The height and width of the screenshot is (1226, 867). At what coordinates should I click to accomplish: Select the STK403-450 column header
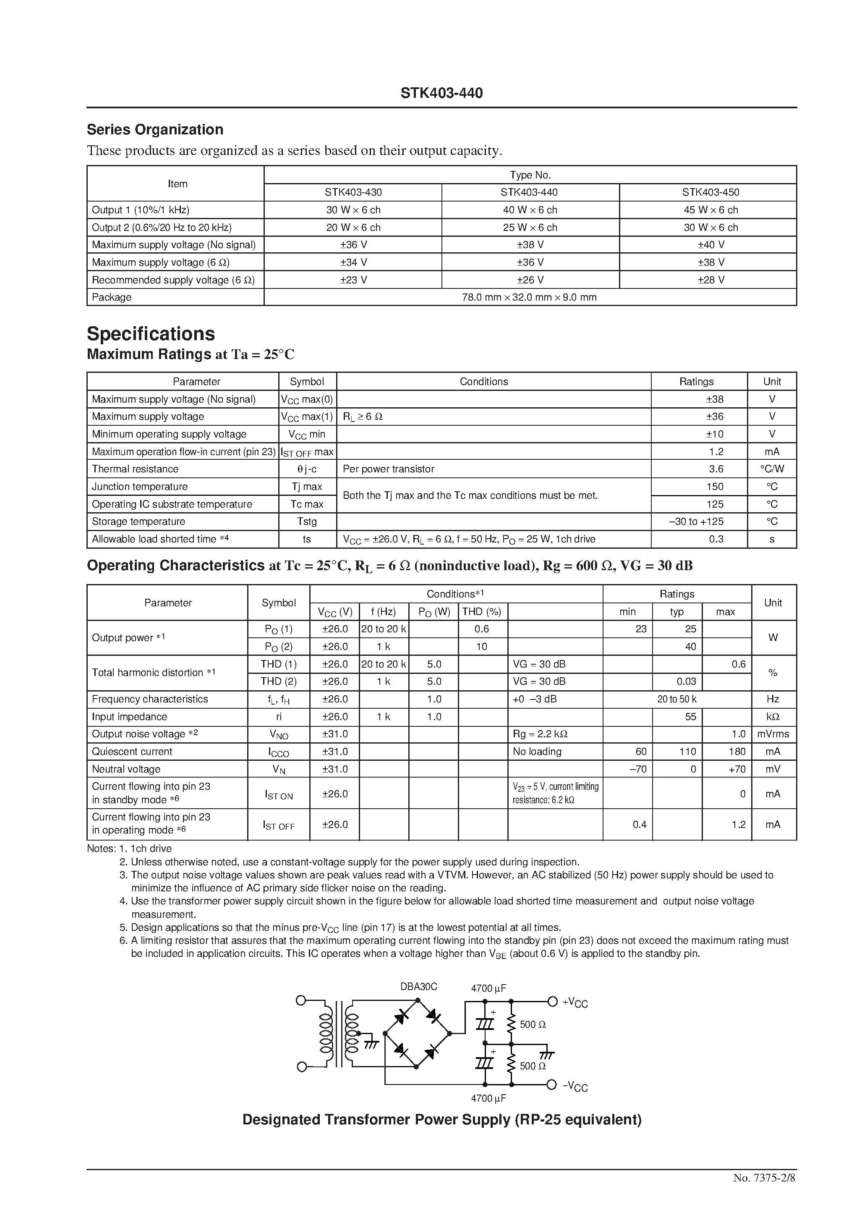[x=710, y=192]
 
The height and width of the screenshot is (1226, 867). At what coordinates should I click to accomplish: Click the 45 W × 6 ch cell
[x=710, y=210]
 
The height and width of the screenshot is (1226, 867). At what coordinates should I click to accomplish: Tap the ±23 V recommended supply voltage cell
[x=353, y=280]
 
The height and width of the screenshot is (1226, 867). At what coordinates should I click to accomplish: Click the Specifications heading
[x=151, y=334]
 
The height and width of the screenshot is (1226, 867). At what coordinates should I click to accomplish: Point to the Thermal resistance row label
[x=135, y=469]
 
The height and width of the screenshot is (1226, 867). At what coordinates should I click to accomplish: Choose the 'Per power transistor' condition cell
[x=388, y=469]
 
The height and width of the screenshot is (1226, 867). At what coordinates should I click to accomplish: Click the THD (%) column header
[x=481, y=611]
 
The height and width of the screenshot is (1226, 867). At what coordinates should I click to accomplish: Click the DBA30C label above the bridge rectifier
[x=418, y=987]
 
